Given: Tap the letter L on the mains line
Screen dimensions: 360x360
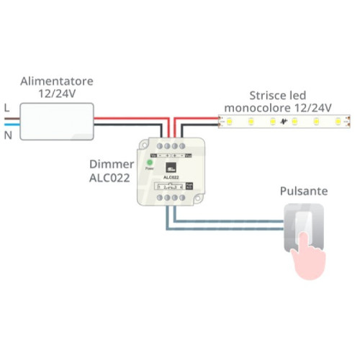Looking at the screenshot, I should (x=6, y=107).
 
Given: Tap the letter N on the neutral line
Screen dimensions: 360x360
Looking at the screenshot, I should (x=7, y=135).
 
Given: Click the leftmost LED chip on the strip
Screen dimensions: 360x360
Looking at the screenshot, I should (x=230, y=122).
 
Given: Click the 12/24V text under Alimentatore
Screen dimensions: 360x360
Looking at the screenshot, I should (x=58, y=92).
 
